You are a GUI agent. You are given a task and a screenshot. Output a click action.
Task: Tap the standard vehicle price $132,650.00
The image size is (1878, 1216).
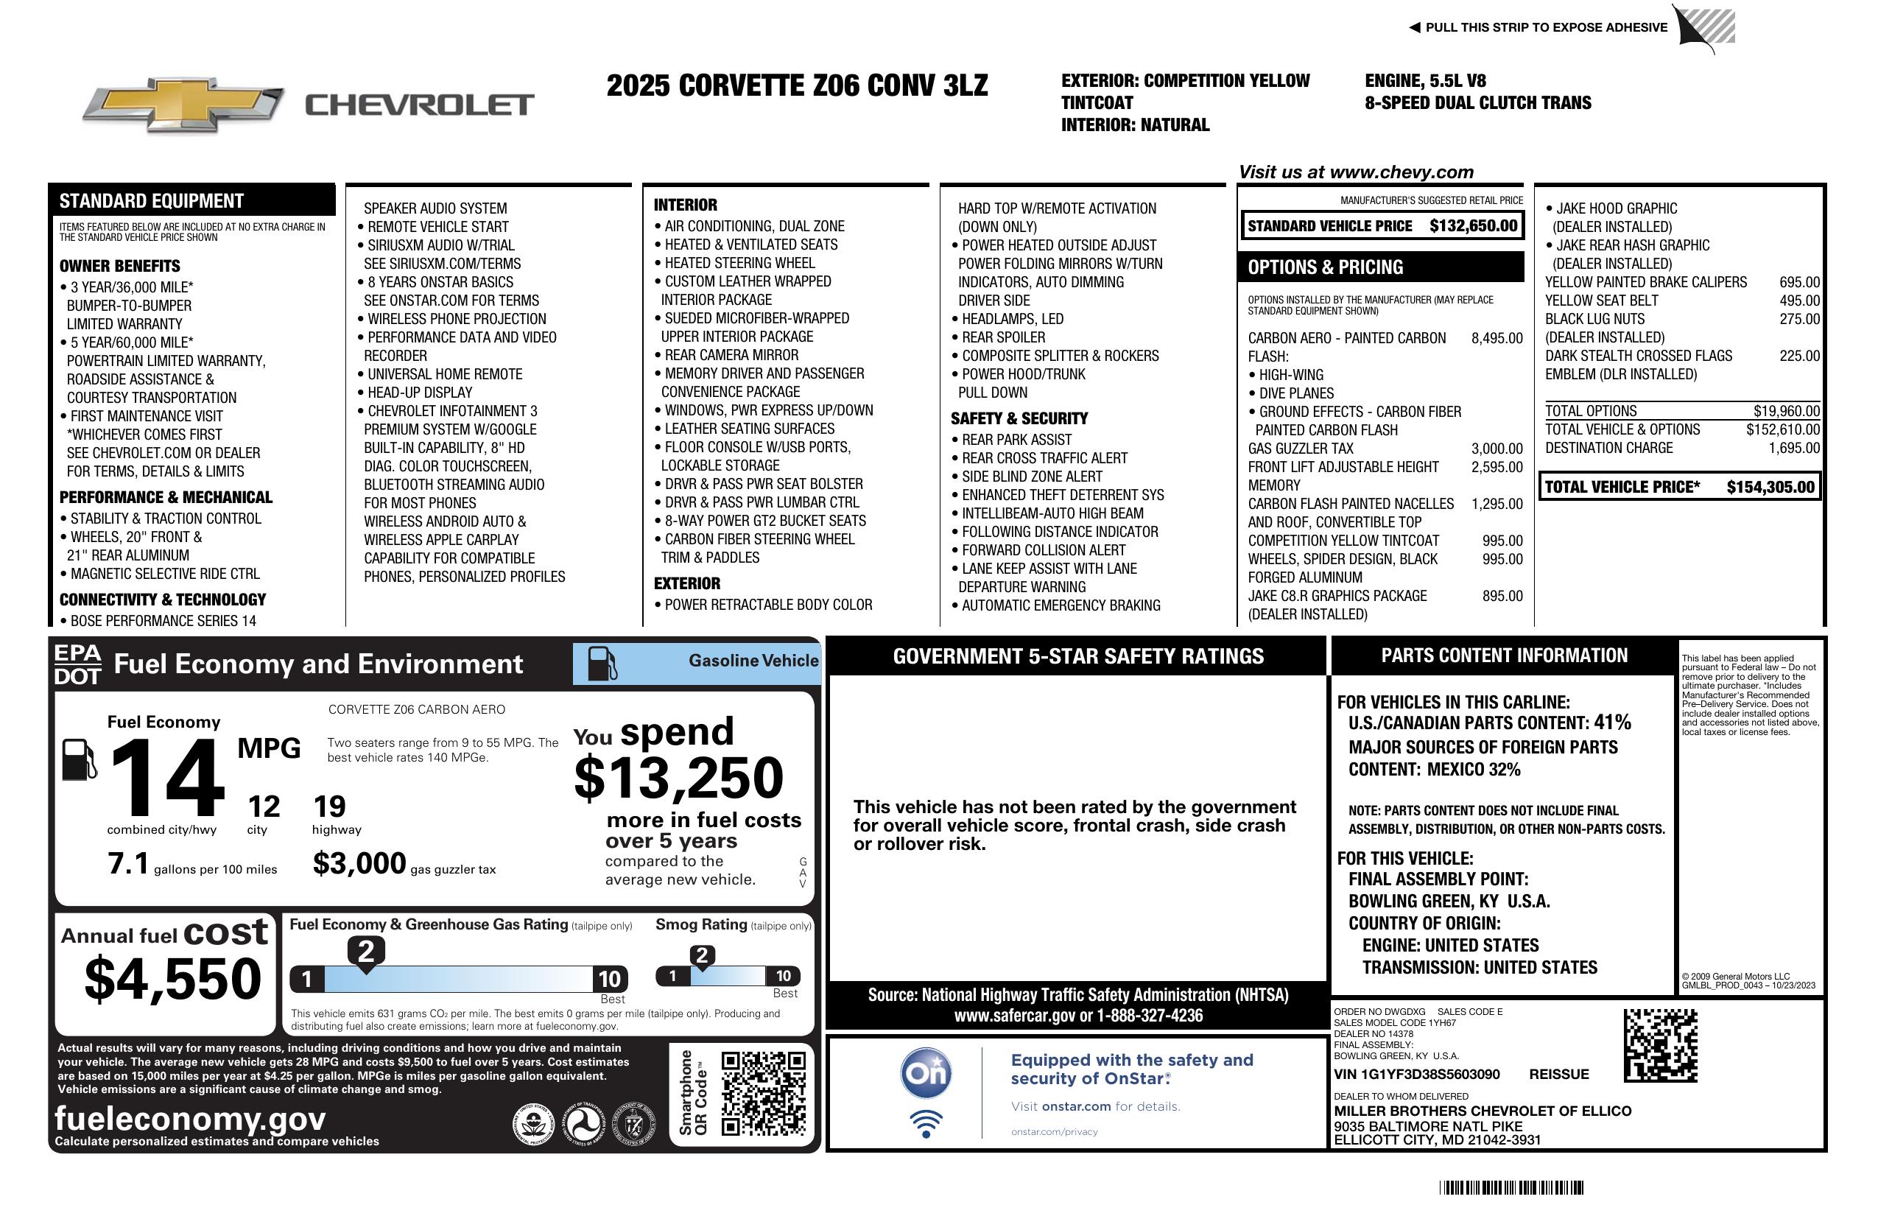1472,225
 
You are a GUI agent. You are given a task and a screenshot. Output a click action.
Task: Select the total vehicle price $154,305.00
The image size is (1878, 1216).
1770,487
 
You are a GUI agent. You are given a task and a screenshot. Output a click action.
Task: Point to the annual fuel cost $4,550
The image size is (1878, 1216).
172,979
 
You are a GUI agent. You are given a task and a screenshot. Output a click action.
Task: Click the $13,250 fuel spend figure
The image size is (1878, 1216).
678,778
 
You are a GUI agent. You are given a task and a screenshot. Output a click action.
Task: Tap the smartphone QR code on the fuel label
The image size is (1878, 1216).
763,1093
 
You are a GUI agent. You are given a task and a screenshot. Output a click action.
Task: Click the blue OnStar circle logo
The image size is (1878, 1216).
926,1073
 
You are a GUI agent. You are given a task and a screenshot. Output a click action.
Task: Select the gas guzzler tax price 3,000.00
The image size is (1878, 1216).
1496,449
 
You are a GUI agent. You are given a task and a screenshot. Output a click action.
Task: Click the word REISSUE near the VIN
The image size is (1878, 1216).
1558,1074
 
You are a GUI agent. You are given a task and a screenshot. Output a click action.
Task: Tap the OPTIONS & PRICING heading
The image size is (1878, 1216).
1325,267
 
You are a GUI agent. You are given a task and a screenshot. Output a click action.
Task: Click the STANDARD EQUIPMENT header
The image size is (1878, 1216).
152,200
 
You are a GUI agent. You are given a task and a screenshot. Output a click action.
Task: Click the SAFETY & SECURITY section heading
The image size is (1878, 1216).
1019,418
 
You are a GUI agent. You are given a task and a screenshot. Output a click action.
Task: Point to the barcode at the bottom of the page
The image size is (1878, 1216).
1511,1187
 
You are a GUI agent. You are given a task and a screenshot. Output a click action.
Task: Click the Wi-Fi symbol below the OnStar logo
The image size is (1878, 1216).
926,1124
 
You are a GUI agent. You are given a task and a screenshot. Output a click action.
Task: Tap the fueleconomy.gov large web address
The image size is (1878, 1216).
190,1118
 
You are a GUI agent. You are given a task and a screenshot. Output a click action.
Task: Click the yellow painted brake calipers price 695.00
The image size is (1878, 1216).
1799,281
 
